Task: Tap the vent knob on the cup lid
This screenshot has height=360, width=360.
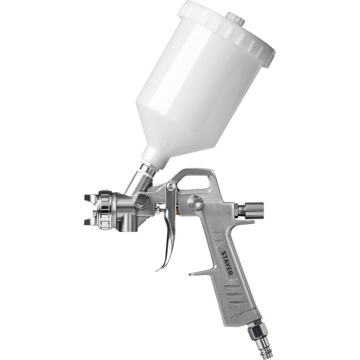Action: (x=235, y=17)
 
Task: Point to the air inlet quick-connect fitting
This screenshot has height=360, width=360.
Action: (x=258, y=342)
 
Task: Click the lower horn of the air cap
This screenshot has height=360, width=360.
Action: (x=90, y=222)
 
